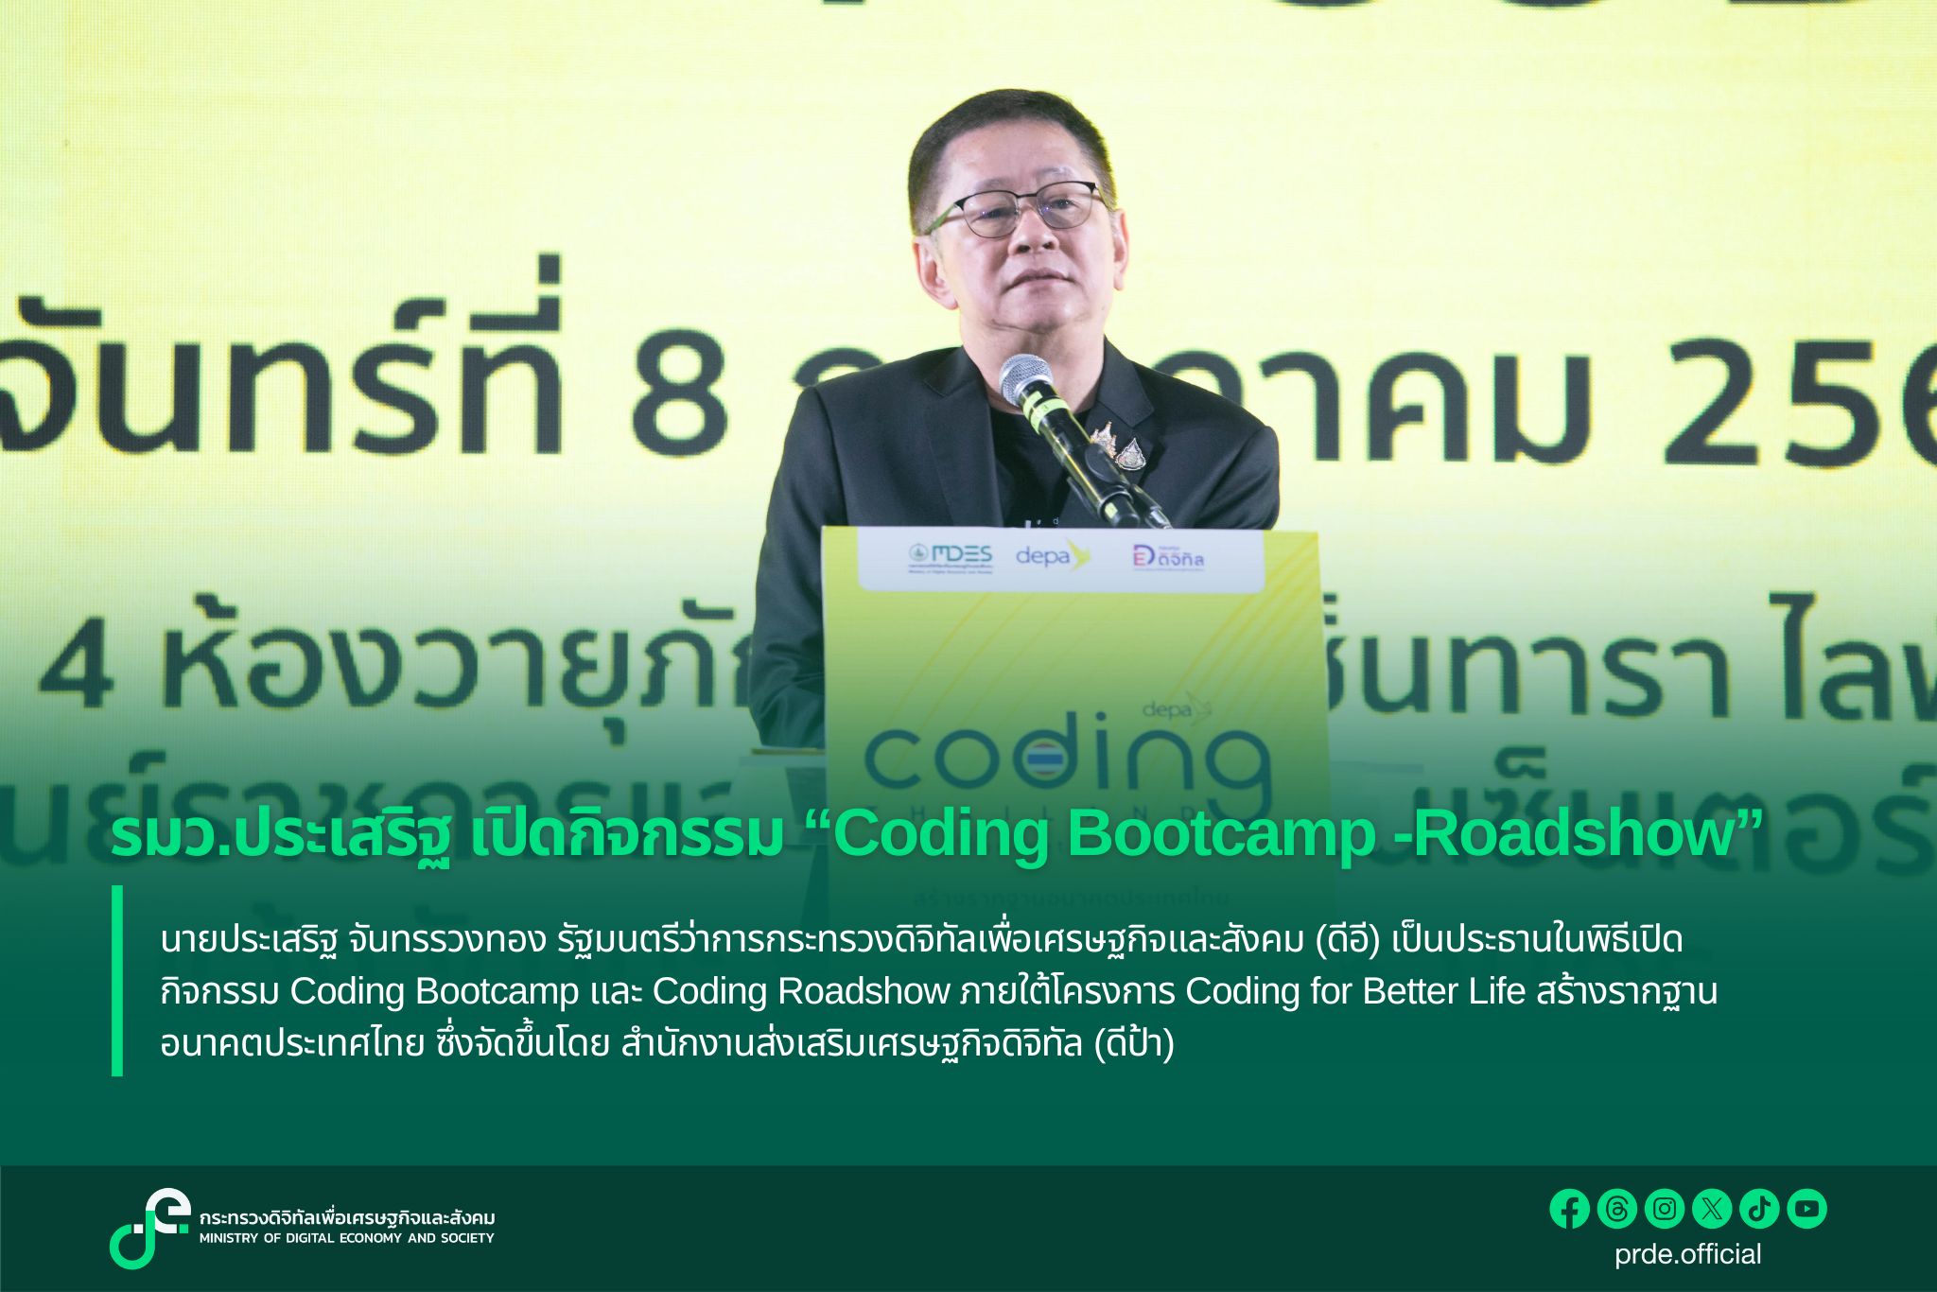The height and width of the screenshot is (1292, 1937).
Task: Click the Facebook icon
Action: click(x=1570, y=1209)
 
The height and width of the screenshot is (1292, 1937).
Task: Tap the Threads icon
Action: click(x=1617, y=1209)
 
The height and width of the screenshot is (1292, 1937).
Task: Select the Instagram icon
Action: click(x=1665, y=1209)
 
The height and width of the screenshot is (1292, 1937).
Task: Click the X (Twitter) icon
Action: click(x=1712, y=1209)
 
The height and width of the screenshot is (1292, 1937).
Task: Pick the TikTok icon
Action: click(x=1759, y=1209)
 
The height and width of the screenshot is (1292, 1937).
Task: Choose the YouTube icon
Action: click(x=1806, y=1209)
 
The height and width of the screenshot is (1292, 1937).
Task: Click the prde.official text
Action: click(x=1688, y=1254)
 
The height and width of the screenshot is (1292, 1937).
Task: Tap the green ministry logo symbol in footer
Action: click(x=149, y=1228)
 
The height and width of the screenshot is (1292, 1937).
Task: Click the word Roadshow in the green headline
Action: click(x=1578, y=835)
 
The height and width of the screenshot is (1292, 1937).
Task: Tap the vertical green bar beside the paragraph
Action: click(x=117, y=981)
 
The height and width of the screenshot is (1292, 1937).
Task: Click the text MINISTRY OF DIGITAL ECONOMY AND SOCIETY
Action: click(x=346, y=1238)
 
